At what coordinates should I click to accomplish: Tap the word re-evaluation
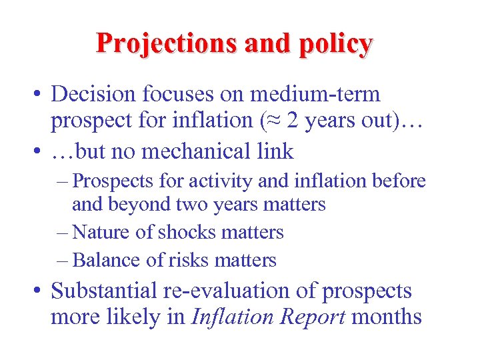(x=237, y=291)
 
